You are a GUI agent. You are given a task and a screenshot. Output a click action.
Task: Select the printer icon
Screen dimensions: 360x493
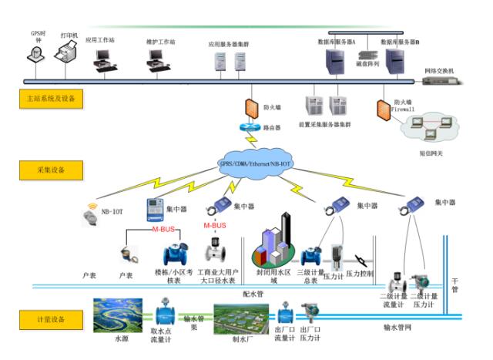click(x=70, y=52)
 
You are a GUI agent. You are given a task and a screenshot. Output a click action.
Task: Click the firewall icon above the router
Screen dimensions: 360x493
click(x=251, y=107)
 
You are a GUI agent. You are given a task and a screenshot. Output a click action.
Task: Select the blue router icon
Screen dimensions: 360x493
click(x=251, y=127)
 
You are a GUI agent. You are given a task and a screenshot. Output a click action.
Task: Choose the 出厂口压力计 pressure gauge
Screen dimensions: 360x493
click(x=310, y=314)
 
